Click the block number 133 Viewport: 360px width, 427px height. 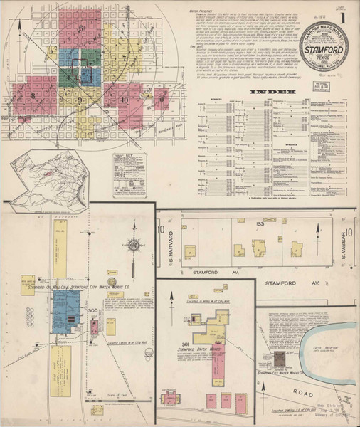click(x=241, y=224)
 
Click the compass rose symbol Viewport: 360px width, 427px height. click(x=132, y=246)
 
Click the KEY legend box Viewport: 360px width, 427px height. click(x=129, y=174)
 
